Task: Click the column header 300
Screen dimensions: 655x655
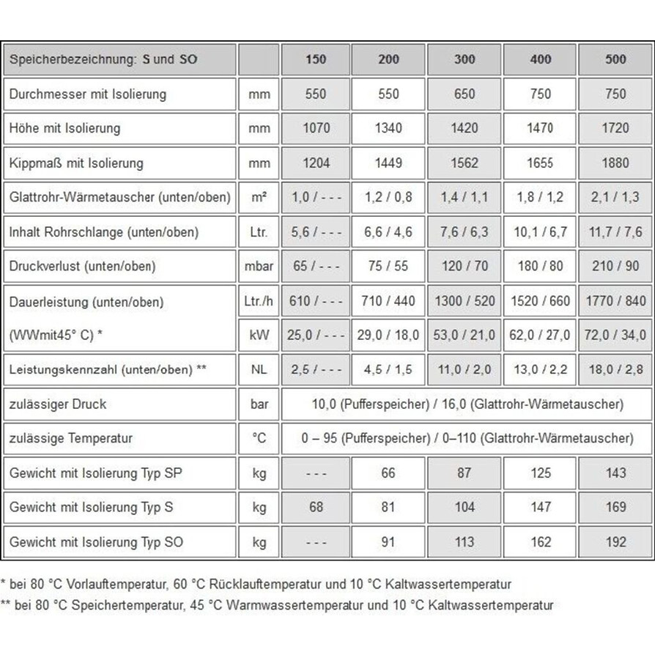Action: pyautogui.click(x=465, y=59)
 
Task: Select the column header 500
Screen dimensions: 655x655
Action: pyautogui.click(x=615, y=59)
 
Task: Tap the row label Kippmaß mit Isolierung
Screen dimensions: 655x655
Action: pyautogui.click(x=76, y=163)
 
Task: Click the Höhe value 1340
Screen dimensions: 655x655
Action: pyautogui.click(x=388, y=128)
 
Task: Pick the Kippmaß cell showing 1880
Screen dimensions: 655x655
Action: pyautogui.click(x=615, y=163)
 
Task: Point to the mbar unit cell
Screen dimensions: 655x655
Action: pyautogui.click(x=259, y=266)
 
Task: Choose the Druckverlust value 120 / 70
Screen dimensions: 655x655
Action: pyautogui.click(x=465, y=266)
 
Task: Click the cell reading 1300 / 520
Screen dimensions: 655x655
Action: pyautogui.click(x=465, y=301)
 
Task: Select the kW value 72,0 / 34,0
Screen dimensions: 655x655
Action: pyautogui.click(x=615, y=335)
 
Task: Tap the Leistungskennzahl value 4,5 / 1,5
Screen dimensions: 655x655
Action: pyautogui.click(x=388, y=370)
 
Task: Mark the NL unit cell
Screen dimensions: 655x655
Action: pyautogui.click(x=259, y=370)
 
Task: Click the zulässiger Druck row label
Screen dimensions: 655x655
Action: pyautogui.click(x=58, y=404)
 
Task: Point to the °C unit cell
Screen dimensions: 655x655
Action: pyautogui.click(x=259, y=438)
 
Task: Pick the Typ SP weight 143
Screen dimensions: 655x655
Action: pyautogui.click(x=615, y=473)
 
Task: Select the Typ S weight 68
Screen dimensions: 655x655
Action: pyautogui.click(x=316, y=507)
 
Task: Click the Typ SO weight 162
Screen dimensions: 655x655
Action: pyautogui.click(x=540, y=542)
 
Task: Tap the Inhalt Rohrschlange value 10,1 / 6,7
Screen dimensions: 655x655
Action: pyautogui.click(x=540, y=232)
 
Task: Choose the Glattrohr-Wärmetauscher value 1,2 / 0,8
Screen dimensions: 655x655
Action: pyautogui.click(x=388, y=197)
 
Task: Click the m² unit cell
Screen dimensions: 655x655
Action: pyautogui.click(x=259, y=197)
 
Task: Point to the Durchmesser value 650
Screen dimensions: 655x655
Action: pyautogui.click(x=465, y=94)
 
